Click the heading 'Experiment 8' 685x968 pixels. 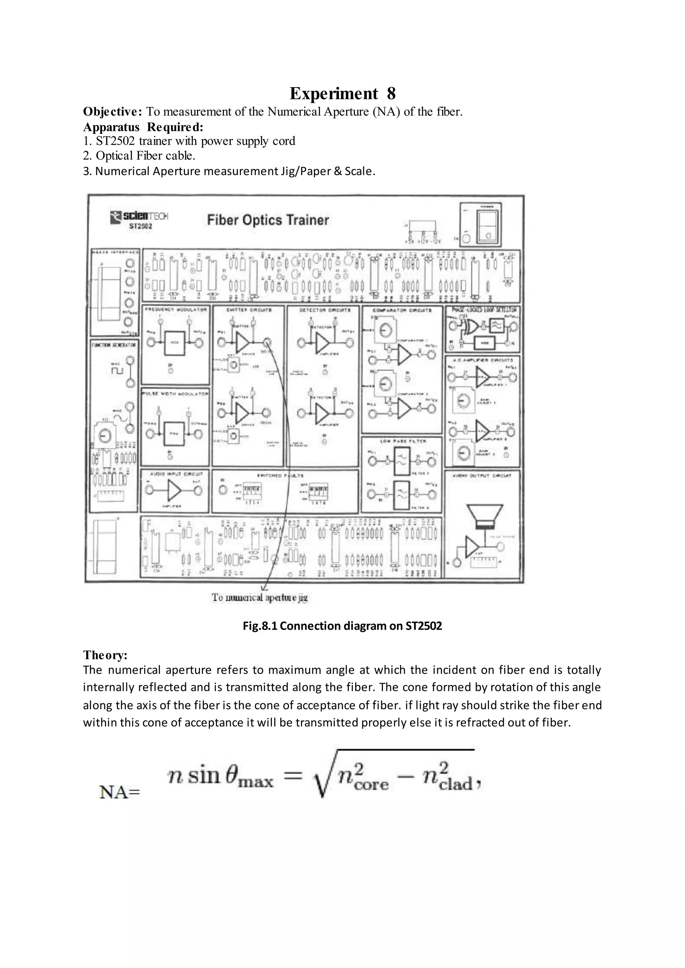[x=342, y=94]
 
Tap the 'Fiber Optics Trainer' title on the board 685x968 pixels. [x=268, y=220]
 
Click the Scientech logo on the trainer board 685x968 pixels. [x=139, y=218]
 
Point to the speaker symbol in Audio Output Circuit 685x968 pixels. [x=483, y=516]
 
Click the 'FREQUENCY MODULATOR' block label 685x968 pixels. [x=176, y=310]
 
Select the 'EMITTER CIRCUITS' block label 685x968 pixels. [x=249, y=310]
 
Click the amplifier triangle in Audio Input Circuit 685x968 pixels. [x=174, y=490]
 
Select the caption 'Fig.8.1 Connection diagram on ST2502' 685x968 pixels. [x=342, y=626]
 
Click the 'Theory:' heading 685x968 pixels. [x=105, y=655]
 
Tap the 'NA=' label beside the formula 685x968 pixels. [x=119, y=792]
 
